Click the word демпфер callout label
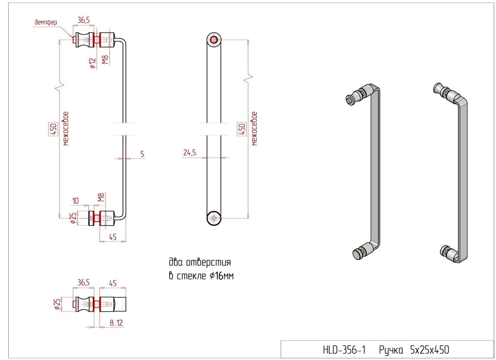[46, 22]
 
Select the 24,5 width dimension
[190, 152]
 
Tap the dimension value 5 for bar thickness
[142, 154]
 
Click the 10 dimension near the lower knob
[75, 201]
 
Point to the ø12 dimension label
[93, 63]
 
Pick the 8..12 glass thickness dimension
[116, 323]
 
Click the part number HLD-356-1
[344, 350]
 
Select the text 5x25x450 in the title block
[429, 350]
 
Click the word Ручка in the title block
[391, 351]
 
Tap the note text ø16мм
[221, 276]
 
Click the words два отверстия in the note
[200, 262]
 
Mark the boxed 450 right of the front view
[242, 129]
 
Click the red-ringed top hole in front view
[214, 40]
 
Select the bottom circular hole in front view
[214, 218]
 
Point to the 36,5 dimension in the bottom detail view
[84, 283]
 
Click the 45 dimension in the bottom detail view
[113, 283]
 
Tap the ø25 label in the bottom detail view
[57, 304]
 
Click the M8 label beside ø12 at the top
[105, 59]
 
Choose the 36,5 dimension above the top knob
[84, 20]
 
